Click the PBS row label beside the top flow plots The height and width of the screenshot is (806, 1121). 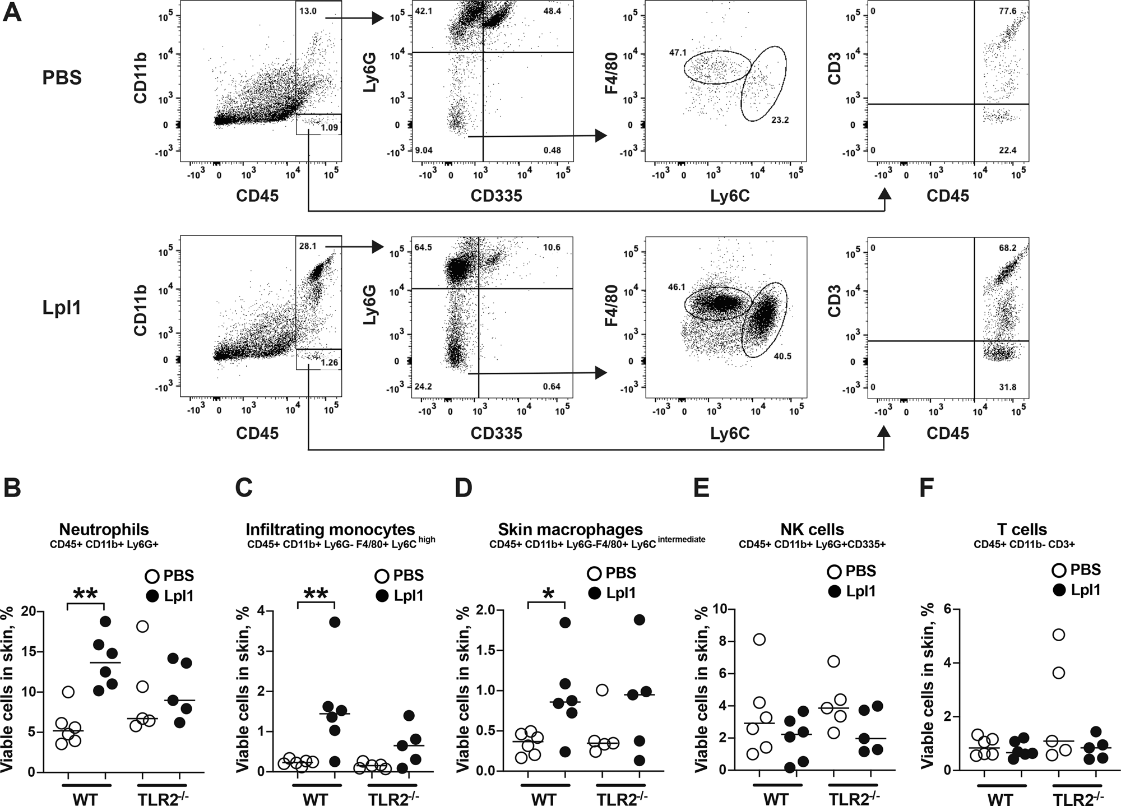pos(62,78)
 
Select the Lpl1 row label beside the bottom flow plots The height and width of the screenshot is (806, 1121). pos(62,308)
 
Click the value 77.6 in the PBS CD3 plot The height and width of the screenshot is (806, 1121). pos(1007,11)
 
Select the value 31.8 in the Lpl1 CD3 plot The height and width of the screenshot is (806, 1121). pos(1007,387)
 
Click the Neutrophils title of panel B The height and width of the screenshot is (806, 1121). pos(104,529)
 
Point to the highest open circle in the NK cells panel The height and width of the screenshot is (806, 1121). pos(759,640)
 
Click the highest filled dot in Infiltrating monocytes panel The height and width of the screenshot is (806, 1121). pos(335,622)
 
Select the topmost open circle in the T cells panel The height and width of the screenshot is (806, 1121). pos(1059,634)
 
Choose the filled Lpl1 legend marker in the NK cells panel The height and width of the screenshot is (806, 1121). pos(835,591)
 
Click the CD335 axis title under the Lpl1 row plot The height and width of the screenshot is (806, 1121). pos(496,433)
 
